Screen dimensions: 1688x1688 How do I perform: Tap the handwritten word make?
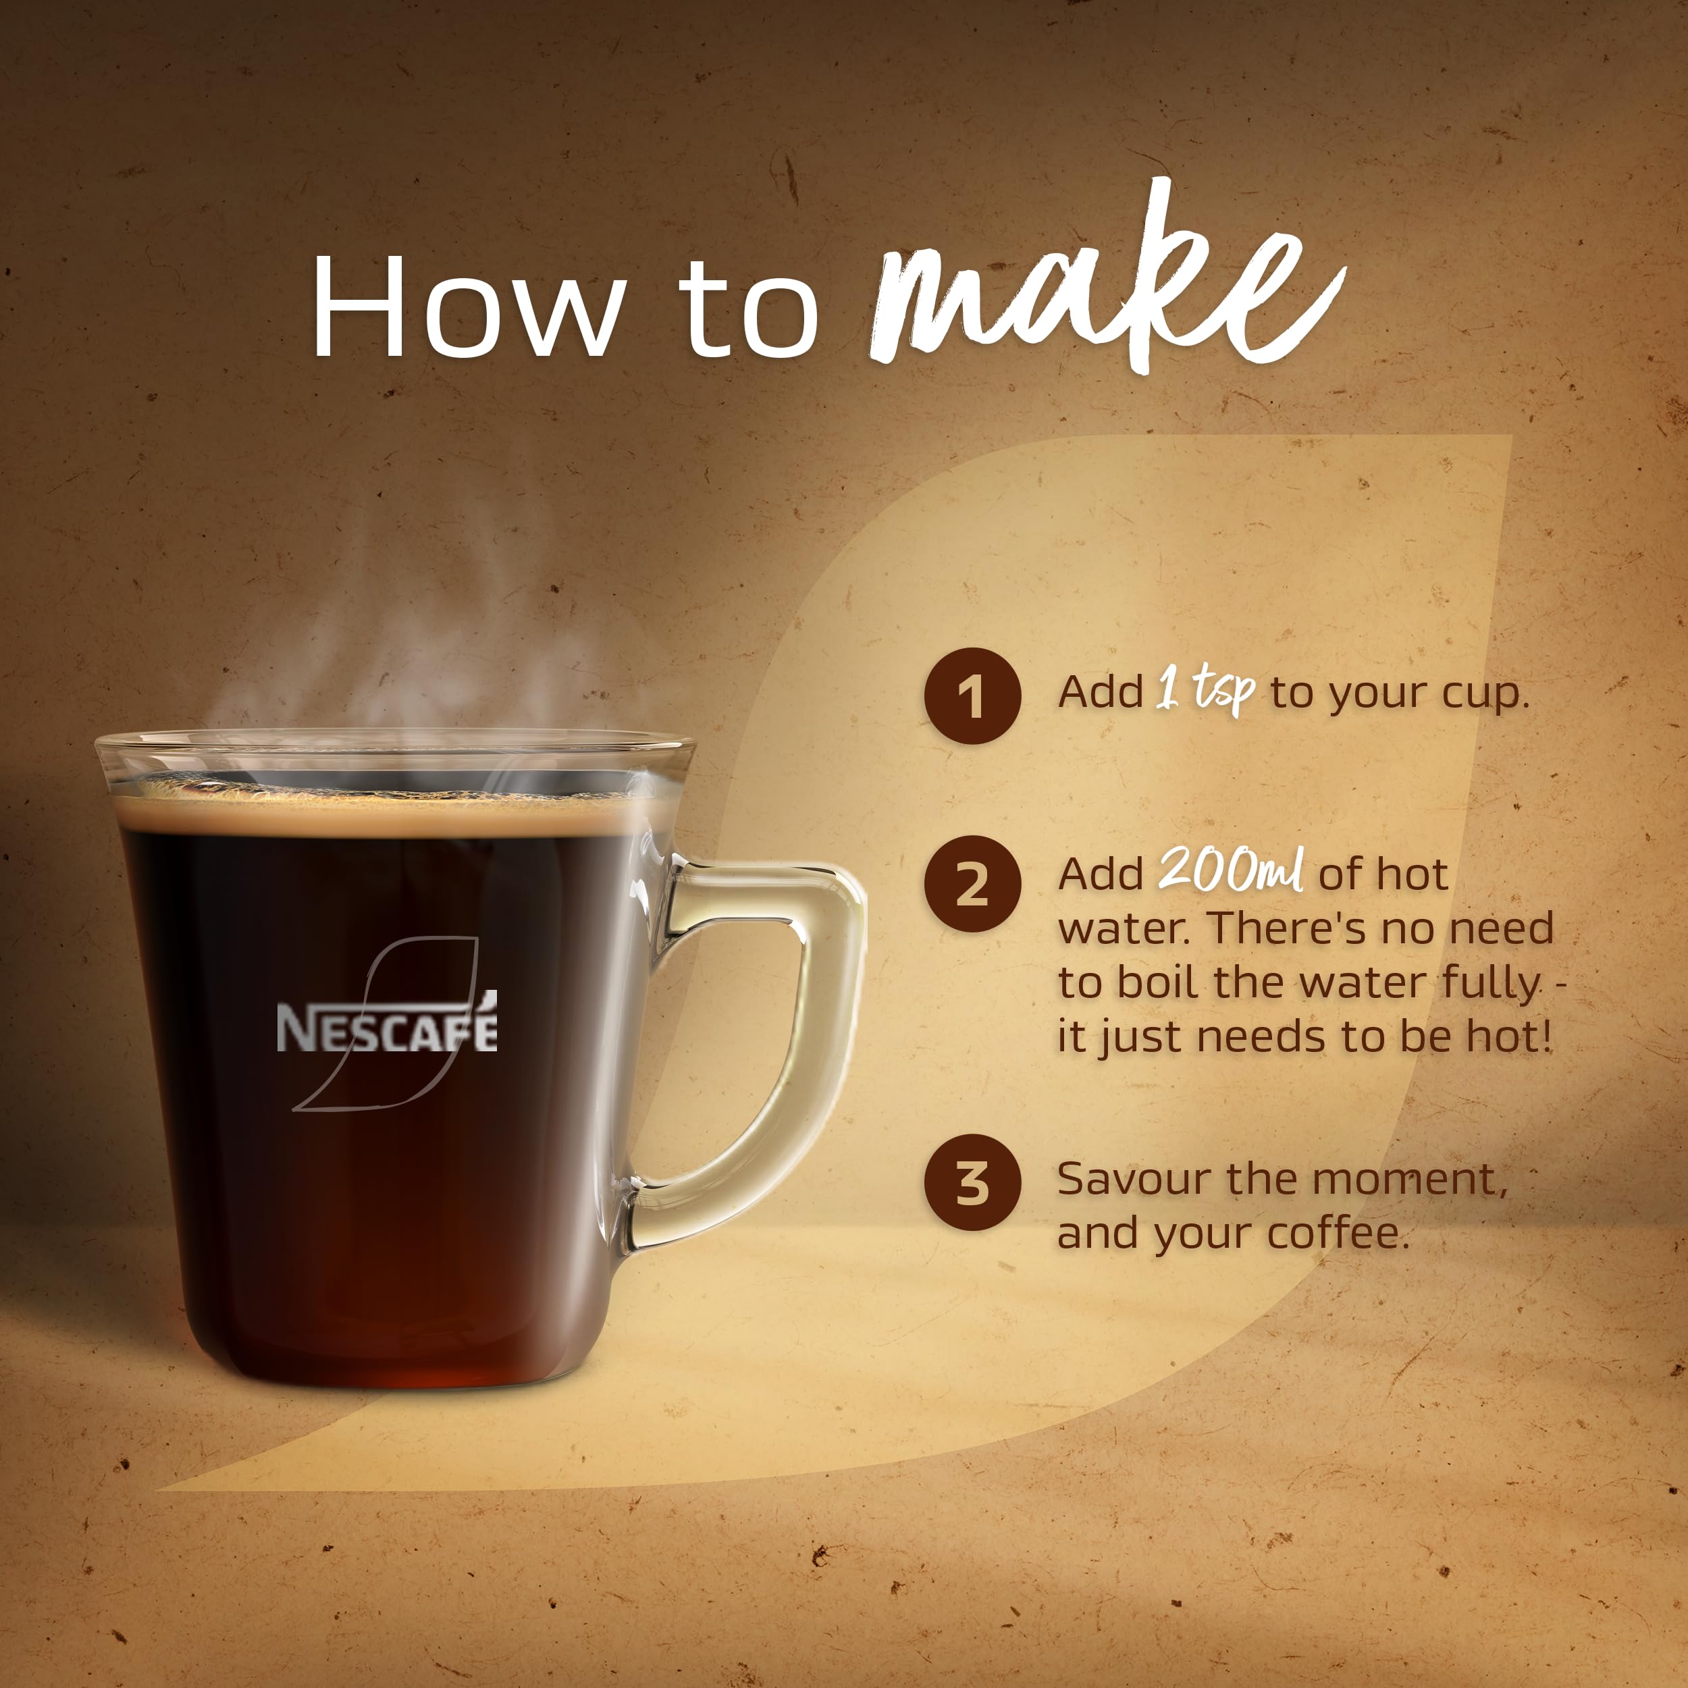point(1105,288)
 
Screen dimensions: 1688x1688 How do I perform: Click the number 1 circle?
point(972,696)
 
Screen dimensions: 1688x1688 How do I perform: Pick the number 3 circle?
point(972,1183)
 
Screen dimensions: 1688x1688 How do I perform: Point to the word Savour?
point(1135,1180)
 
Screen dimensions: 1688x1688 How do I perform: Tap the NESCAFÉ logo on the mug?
point(387,1028)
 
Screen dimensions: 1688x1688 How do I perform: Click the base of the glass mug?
point(393,1376)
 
